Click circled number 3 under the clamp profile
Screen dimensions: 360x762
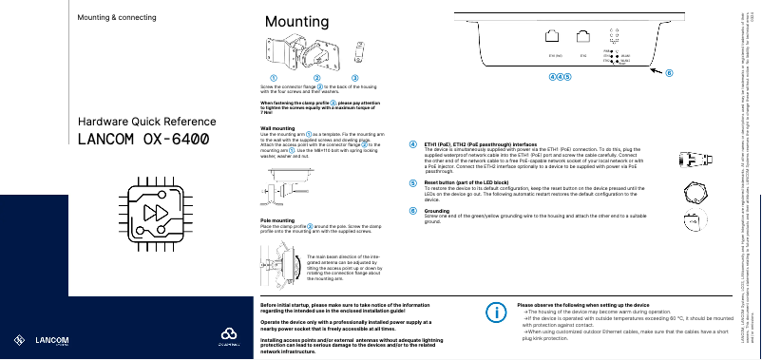(354, 76)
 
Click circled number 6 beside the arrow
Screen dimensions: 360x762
(668, 72)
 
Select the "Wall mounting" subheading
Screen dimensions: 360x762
(276, 126)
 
